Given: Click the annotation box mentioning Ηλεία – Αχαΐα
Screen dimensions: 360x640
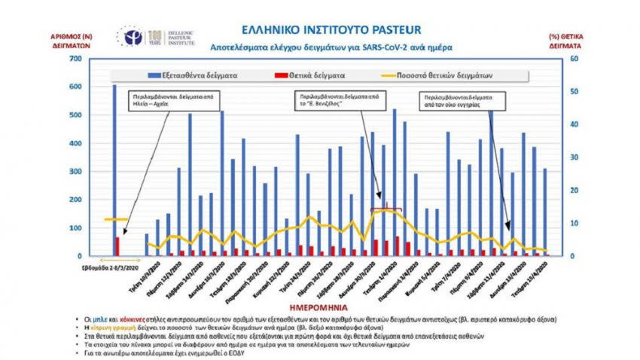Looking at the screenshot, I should click(161, 102).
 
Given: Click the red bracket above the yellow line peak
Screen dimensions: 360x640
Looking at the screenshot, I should click(386, 207).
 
